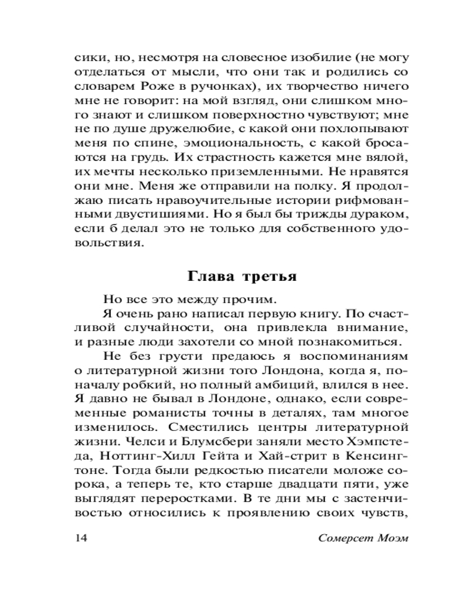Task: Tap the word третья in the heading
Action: coord(261,276)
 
